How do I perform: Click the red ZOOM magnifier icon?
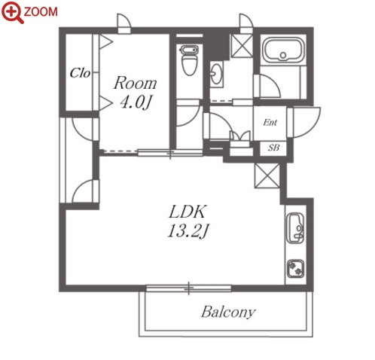[x=12, y=12]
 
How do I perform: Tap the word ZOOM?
[x=41, y=12]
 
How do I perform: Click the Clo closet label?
[x=80, y=73]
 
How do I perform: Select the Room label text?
[x=136, y=83]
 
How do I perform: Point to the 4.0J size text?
[x=136, y=102]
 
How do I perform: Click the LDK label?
[x=187, y=212]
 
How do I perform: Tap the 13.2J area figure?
[x=187, y=231]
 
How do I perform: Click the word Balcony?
[x=228, y=313]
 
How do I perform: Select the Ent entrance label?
[x=270, y=122]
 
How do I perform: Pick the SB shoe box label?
[x=273, y=148]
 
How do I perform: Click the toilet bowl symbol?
[x=189, y=60]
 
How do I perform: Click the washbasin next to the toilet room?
[x=216, y=73]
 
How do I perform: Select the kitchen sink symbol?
[x=295, y=228]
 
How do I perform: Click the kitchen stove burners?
[x=296, y=269]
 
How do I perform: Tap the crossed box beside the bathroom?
[x=242, y=46]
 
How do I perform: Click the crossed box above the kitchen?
[x=267, y=175]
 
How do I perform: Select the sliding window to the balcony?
[x=189, y=288]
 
